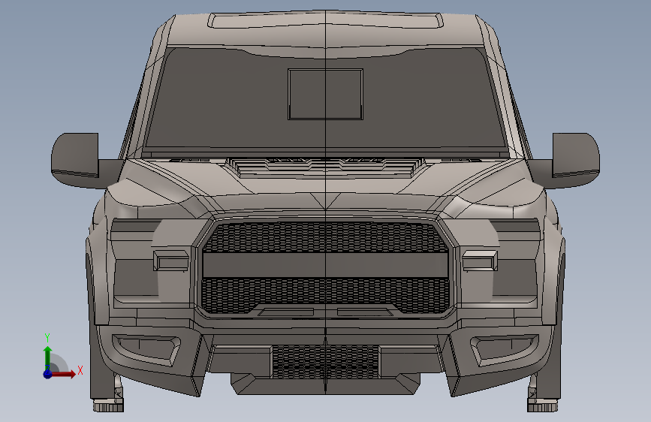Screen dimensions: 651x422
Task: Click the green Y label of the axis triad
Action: (x=47, y=337)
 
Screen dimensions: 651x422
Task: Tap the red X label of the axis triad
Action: (x=80, y=370)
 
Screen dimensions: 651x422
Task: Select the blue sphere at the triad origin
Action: (x=48, y=374)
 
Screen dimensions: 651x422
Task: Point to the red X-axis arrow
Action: (x=62, y=374)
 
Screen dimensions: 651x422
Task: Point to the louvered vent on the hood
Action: (x=326, y=166)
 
